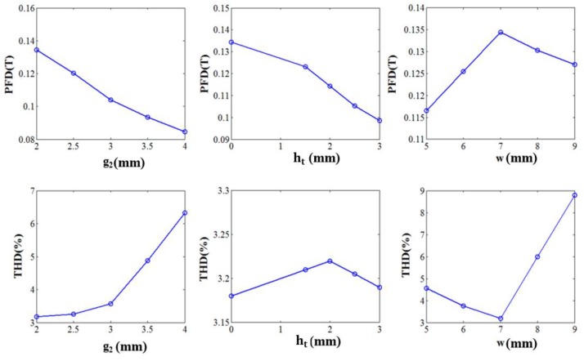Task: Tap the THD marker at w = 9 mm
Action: (x=574, y=195)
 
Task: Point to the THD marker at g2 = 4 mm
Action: (x=185, y=213)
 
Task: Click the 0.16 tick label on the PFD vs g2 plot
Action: (x=23, y=8)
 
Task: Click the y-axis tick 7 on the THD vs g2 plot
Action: (x=28, y=191)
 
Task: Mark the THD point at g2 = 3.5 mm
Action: (x=147, y=261)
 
